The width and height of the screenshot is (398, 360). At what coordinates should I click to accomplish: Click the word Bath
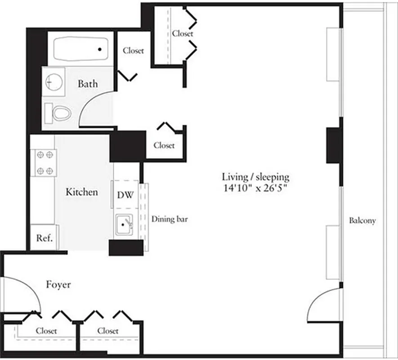tap(88, 84)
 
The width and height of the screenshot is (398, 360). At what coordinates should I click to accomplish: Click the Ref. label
tap(45, 238)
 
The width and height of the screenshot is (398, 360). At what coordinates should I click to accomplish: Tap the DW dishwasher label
tap(125, 195)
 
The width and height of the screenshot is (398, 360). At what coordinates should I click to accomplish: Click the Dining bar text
tap(169, 220)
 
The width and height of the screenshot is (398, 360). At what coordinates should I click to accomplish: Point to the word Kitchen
tap(82, 192)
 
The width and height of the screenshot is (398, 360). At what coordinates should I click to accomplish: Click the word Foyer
tap(58, 285)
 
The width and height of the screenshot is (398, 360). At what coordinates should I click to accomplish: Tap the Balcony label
tap(362, 221)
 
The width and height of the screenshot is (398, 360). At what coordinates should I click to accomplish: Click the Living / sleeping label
tap(256, 177)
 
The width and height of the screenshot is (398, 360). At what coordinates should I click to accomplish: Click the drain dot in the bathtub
tap(100, 49)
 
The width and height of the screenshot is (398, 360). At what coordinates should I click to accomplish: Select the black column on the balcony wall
tap(334, 145)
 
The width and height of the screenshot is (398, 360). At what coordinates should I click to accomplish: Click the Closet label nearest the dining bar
tap(164, 145)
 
